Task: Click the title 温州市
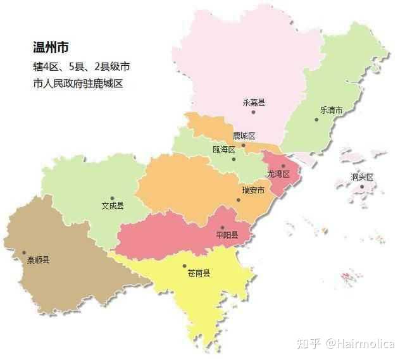(51, 47)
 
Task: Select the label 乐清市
(331, 109)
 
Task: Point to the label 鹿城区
(244, 136)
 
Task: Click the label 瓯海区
(224, 150)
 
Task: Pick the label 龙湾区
(278, 174)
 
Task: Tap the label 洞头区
(363, 177)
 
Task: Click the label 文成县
(113, 206)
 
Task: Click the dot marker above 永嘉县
(253, 112)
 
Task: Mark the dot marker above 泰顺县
(25, 252)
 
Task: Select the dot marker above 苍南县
(184, 266)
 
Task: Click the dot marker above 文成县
(112, 198)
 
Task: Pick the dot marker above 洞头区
(362, 186)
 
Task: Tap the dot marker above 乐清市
(316, 119)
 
